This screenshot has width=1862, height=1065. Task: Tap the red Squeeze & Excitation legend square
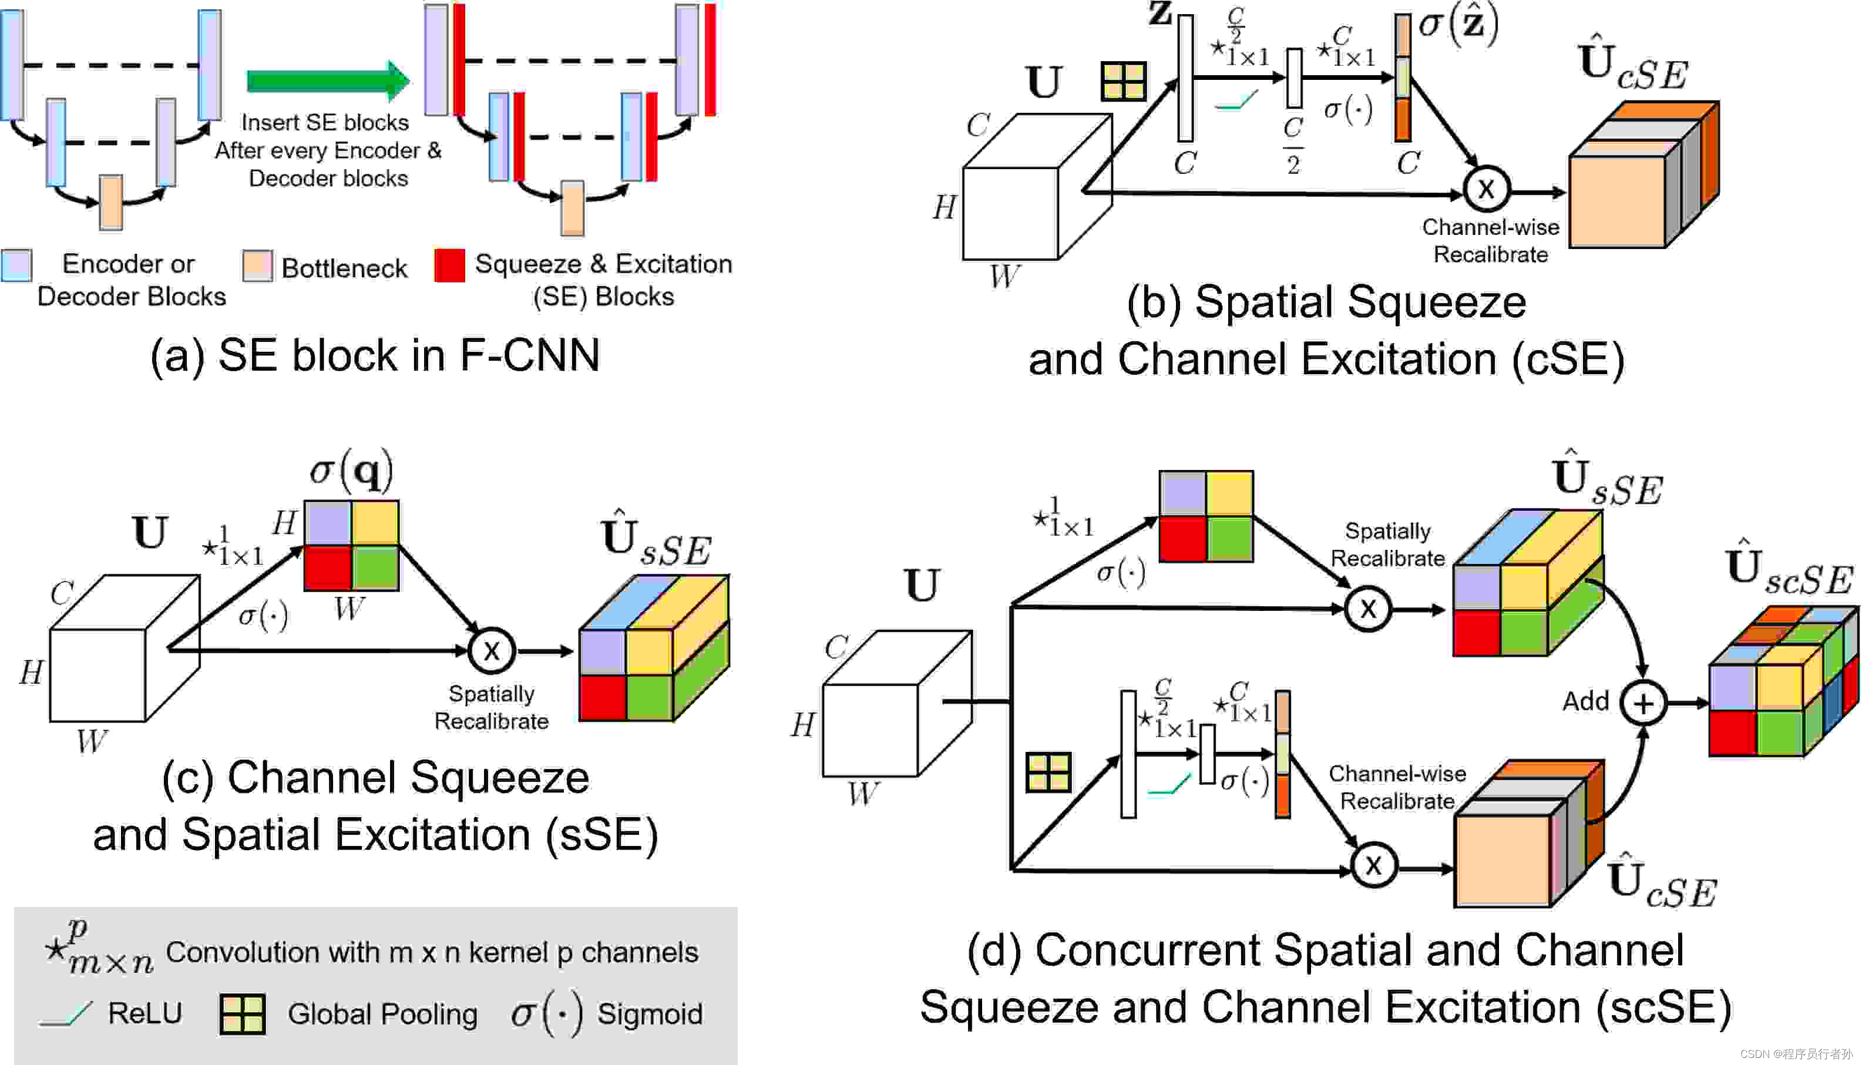pos(449,266)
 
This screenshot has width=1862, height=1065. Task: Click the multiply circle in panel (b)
pos(1487,190)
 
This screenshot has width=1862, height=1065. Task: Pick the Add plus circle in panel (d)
pos(1643,703)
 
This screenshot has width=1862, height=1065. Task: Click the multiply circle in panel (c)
pos(492,650)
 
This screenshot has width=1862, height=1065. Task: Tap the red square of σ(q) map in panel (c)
pos(328,567)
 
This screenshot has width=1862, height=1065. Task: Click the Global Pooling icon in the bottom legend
pos(242,1014)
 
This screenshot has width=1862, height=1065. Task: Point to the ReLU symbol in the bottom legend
pos(66,1014)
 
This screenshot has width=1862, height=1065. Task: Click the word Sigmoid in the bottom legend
pos(650,1014)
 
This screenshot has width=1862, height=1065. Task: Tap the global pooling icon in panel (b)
pos(1123,81)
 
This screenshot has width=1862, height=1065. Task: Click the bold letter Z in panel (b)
pos(1160,13)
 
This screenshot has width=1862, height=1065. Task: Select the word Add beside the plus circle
pos(1585,701)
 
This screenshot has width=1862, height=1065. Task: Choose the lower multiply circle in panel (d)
pos(1373,865)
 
